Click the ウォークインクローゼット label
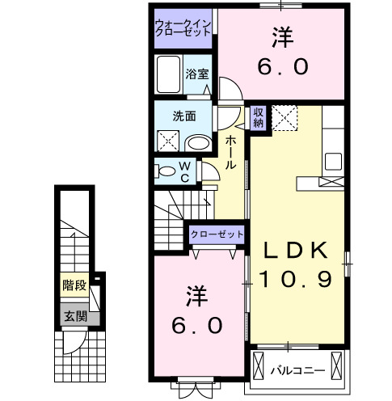pos(183,28)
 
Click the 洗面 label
pos(183,116)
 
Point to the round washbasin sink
pos(196,142)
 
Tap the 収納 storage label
pos(258,117)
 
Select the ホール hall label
pos(231,151)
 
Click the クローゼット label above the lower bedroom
pos(217,234)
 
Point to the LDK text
pos(296,251)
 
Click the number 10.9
pos(296,281)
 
